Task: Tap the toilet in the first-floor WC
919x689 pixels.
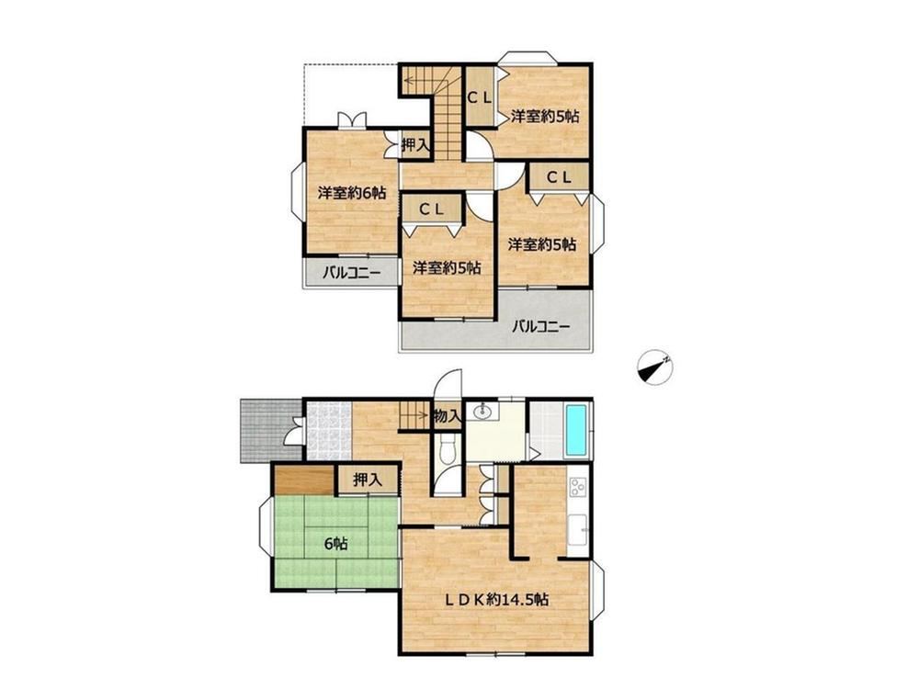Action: (x=449, y=451)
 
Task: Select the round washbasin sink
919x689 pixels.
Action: (x=483, y=412)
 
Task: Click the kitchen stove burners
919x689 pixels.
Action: (x=578, y=487)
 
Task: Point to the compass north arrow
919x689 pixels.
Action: (x=654, y=368)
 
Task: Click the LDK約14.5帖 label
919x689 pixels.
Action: (x=496, y=599)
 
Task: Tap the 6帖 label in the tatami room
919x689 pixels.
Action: (x=336, y=544)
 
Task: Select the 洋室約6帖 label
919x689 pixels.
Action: (x=352, y=192)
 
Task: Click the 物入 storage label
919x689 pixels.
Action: (x=448, y=416)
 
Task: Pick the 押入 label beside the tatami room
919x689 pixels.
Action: (x=368, y=480)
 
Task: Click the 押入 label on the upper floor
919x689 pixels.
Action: (x=416, y=145)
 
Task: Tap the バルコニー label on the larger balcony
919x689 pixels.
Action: (x=540, y=326)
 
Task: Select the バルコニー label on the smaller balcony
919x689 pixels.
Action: (x=352, y=273)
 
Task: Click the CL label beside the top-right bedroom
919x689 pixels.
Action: (x=480, y=98)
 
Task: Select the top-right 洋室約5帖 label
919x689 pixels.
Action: (x=544, y=116)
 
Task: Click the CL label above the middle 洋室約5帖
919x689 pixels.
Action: (x=431, y=209)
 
